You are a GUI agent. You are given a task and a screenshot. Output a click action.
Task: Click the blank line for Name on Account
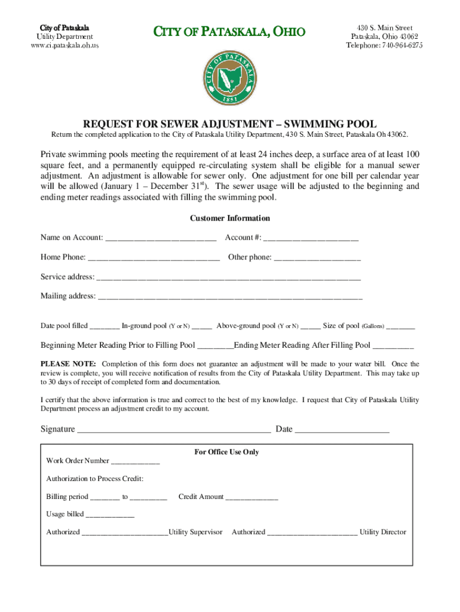(x=160, y=238)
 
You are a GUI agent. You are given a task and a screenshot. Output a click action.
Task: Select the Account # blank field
(x=311, y=238)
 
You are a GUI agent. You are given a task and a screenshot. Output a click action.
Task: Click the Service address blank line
(x=228, y=278)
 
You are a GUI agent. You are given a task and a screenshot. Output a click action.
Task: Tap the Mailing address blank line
(x=230, y=297)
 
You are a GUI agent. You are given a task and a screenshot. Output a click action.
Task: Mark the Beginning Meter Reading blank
(x=215, y=346)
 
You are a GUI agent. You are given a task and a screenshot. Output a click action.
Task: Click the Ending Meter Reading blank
(x=392, y=346)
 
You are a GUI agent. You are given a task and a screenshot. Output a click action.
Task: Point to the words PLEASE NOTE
(x=68, y=364)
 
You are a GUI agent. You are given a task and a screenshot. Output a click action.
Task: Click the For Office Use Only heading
(x=226, y=452)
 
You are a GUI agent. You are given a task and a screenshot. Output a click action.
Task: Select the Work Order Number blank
(x=136, y=461)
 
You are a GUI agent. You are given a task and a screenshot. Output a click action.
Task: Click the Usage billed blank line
(x=110, y=515)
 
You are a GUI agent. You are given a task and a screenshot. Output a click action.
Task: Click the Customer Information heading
(x=229, y=219)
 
